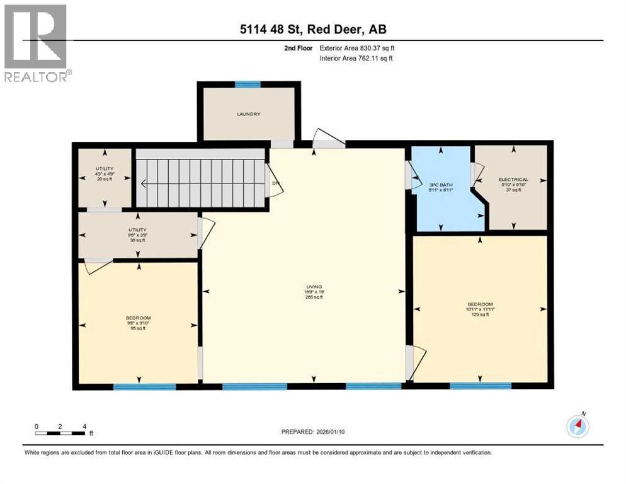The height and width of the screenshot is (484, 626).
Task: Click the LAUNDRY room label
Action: [248, 114]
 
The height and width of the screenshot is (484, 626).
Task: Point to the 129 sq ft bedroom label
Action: [480, 309]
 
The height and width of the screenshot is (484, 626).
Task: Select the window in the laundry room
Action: [248, 84]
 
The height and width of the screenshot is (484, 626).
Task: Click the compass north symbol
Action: [577, 426]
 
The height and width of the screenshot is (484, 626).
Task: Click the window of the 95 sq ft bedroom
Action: [137, 386]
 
